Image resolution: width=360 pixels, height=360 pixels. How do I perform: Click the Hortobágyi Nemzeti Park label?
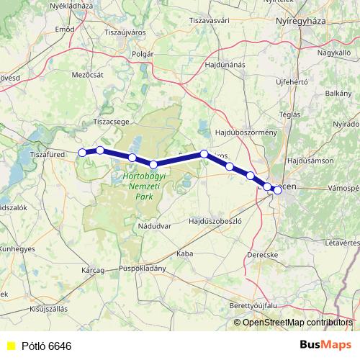coord(137,185)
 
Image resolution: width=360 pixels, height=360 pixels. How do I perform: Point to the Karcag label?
coord(94,271)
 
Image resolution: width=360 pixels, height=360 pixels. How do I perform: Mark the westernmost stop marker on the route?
coord(82,153)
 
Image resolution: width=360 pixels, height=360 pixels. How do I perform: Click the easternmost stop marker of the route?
coord(277,190)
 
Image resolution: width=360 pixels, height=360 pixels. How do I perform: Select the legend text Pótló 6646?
coord(46,346)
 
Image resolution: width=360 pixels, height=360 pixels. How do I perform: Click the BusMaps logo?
coord(323,345)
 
